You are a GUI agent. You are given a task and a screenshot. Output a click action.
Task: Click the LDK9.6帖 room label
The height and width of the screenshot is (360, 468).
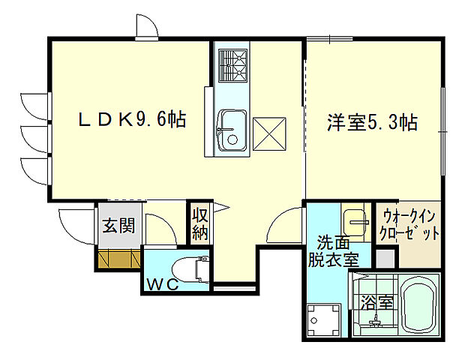(x=133, y=119)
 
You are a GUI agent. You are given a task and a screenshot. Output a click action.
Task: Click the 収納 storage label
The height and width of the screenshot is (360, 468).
(x=199, y=223)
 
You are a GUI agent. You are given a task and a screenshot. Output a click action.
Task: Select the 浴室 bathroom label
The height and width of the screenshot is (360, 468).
(x=376, y=303)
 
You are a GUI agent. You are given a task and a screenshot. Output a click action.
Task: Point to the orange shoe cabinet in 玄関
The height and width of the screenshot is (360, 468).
(x=118, y=259)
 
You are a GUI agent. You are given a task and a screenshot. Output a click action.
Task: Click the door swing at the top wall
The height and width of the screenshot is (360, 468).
(x=146, y=28)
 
